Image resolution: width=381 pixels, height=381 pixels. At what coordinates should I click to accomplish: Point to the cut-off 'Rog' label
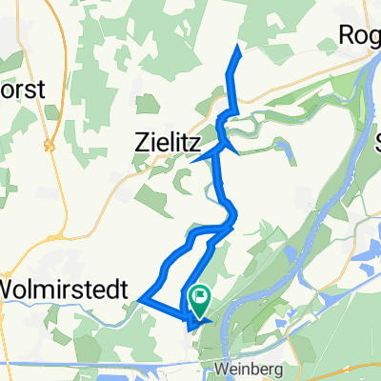pyautogui.click(x=360, y=35)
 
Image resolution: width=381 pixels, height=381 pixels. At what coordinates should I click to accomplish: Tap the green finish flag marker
pyautogui.click(x=201, y=299)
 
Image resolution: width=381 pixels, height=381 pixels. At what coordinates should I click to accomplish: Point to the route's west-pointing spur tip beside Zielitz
pyautogui.click(x=193, y=160)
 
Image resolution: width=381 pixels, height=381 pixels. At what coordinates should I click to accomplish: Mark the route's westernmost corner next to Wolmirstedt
pyautogui.click(x=141, y=301)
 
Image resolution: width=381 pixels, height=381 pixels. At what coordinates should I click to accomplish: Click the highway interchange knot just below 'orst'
pyautogui.click(x=47, y=146)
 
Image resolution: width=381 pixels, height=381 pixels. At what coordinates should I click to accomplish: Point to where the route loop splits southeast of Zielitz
pyautogui.click(x=230, y=226)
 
